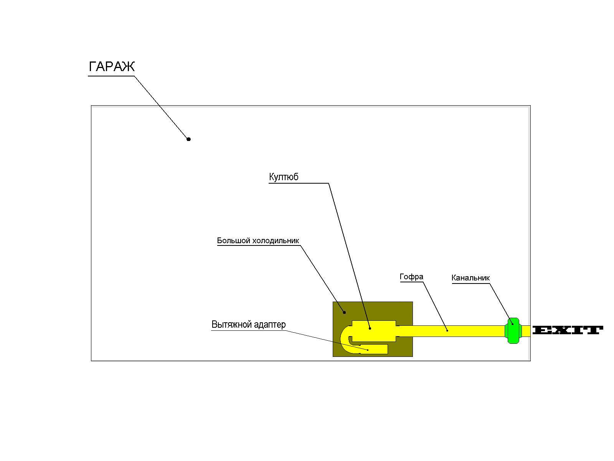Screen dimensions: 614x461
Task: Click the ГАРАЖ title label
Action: click(112, 66)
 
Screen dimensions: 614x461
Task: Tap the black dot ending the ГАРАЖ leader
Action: click(188, 139)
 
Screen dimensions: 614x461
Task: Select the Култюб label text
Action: click(284, 177)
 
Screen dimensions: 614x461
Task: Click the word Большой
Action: click(233, 240)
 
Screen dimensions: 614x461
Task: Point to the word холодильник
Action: click(276, 241)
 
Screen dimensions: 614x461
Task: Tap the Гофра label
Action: click(411, 277)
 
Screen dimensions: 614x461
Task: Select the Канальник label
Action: click(470, 278)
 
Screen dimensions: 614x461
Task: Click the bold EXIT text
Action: click(568, 330)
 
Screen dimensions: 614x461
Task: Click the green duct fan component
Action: click(513, 330)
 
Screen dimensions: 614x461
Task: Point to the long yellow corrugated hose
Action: click(452, 331)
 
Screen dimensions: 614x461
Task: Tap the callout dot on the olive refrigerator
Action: click(344, 312)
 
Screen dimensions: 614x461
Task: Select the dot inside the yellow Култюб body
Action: click(370, 328)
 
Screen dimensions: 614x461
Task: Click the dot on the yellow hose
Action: click(447, 330)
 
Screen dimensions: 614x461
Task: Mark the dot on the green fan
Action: click(512, 324)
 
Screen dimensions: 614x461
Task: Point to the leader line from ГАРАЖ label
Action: click(162, 108)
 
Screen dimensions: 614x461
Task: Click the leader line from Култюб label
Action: click(349, 256)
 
